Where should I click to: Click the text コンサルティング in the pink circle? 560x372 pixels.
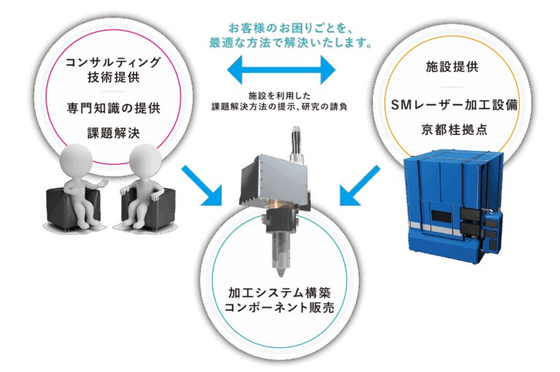pos(113,62)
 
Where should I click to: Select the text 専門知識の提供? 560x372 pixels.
pos(114,108)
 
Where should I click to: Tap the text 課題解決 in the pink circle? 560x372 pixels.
pos(114,133)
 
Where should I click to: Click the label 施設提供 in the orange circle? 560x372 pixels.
pos(452,66)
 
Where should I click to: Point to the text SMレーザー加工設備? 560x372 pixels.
pos(454,105)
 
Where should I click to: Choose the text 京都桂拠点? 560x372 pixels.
pos(454,129)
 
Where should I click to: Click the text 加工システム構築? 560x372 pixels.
pos(280,292)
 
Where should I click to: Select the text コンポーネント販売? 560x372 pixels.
pos(280,307)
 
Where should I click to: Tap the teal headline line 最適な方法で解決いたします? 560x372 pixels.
pos(291,43)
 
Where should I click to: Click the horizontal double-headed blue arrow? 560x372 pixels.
pos(281,70)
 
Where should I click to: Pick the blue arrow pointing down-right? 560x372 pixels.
pos(202,186)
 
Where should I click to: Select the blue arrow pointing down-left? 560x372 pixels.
pos(359,185)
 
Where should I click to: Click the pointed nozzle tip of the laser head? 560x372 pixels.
pos(281,276)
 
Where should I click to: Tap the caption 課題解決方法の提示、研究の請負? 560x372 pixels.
pos(280,106)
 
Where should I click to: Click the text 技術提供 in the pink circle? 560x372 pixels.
pos(114,77)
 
